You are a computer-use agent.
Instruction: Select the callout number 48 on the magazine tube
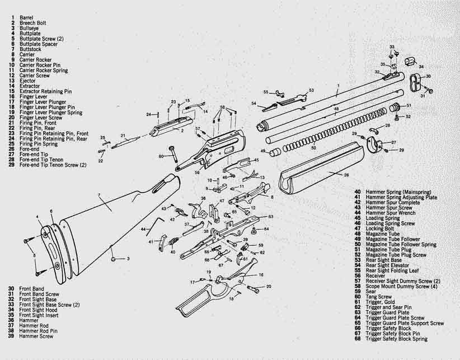pos(336,109)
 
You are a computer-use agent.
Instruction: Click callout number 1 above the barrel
pos(338,87)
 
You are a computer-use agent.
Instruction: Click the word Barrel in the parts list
pos(26,17)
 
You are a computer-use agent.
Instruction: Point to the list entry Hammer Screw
pos(36,336)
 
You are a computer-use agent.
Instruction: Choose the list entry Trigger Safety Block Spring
pos(396,339)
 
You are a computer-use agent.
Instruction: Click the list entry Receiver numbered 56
pos(376,276)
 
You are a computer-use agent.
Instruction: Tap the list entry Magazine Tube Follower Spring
pos(401,245)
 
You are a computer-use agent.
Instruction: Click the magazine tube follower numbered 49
pos(274,152)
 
